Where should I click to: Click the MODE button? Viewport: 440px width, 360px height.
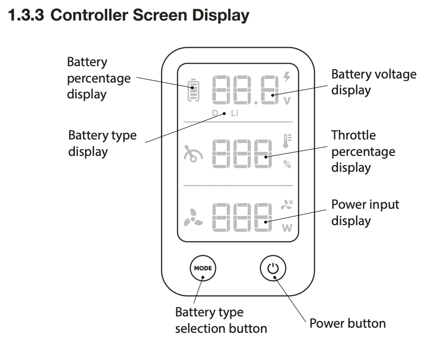click(203, 268)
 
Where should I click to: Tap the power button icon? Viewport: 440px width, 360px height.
click(273, 268)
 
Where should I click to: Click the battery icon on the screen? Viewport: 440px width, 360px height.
click(193, 91)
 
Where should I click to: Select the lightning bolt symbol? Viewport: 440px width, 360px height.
click(287, 77)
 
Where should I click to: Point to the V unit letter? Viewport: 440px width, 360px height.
click(287, 101)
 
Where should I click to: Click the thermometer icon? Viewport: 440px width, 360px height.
click(287, 141)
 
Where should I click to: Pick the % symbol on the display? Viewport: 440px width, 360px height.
click(287, 165)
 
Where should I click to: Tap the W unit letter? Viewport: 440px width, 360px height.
click(287, 228)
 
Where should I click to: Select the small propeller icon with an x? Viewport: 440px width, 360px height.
click(287, 205)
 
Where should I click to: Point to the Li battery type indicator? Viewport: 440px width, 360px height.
click(234, 113)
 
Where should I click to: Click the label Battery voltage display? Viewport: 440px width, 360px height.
click(373, 82)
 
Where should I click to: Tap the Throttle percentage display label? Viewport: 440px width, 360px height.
click(363, 151)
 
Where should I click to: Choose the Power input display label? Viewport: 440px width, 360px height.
click(365, 212)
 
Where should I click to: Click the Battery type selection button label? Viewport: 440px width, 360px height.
click(221, 320)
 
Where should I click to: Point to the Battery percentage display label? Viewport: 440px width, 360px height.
click(98, 78)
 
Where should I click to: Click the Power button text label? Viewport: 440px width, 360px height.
click(347, 323)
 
